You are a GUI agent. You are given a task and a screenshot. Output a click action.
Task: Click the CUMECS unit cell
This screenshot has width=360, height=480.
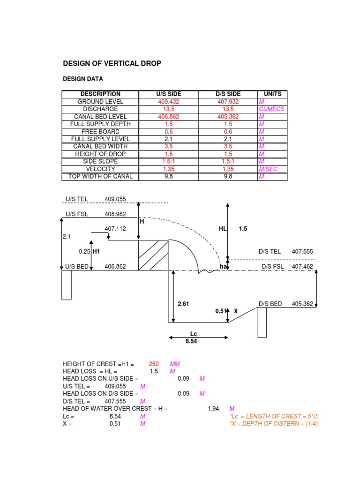coord(271,109)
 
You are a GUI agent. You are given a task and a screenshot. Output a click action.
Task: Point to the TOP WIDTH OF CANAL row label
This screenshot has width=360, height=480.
coord(100,176)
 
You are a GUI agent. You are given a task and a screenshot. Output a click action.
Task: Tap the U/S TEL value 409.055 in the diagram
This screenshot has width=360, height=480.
coord(115,199)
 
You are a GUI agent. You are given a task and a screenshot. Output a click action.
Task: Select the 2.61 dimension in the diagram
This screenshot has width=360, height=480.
coord(183,304)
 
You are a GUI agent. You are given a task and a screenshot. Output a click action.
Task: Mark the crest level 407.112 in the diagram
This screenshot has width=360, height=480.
coord(115,229)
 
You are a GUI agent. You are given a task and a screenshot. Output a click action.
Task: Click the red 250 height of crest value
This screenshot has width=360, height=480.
coord(153,364)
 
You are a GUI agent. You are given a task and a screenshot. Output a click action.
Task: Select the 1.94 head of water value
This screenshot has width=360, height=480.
coord(213,409)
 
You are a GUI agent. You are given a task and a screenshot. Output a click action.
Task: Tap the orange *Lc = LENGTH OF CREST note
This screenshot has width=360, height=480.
coord(274,416)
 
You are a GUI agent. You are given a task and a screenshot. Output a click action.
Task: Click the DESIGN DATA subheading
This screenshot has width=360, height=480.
coord(83,79)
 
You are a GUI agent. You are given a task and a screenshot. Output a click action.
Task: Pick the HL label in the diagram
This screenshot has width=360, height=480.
coord(223,229)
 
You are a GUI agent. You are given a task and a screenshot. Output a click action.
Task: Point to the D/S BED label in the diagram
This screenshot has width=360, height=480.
coord(270,304)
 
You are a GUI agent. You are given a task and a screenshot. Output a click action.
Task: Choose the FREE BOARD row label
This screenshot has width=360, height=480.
coord(100,131)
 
